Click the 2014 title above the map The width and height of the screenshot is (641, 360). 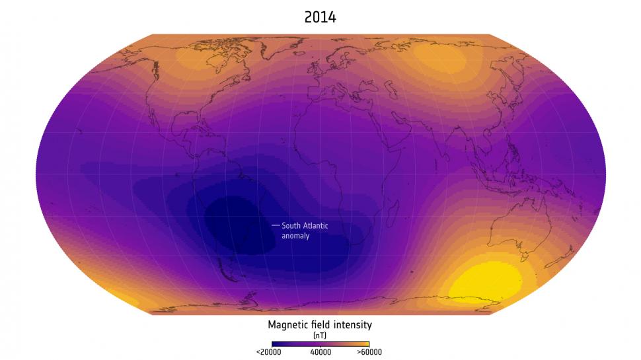click(320, 18)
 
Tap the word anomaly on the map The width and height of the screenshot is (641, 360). click(295, 236)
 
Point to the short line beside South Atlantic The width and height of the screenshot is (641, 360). click(276, 226)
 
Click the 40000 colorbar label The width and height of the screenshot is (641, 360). click(320, 352)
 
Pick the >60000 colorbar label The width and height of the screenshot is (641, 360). click(369, 352)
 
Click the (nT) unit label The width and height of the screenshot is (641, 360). click(320, 335)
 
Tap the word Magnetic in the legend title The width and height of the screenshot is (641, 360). click(288, 324)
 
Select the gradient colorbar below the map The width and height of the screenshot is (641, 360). click(320, 343)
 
